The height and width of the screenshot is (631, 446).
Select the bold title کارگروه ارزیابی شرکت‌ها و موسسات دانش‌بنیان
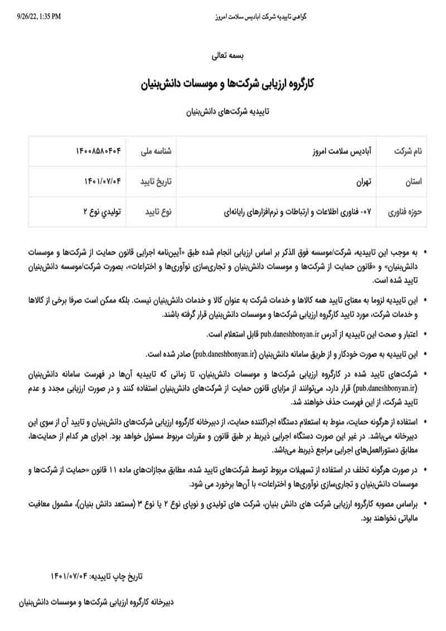pos(226,85)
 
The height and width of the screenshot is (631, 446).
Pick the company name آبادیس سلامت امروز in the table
pos(345,151)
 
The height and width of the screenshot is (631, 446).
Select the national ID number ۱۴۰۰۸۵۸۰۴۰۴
pos(98,151)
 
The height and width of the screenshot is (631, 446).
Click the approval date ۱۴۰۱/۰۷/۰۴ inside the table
pos(102,181)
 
